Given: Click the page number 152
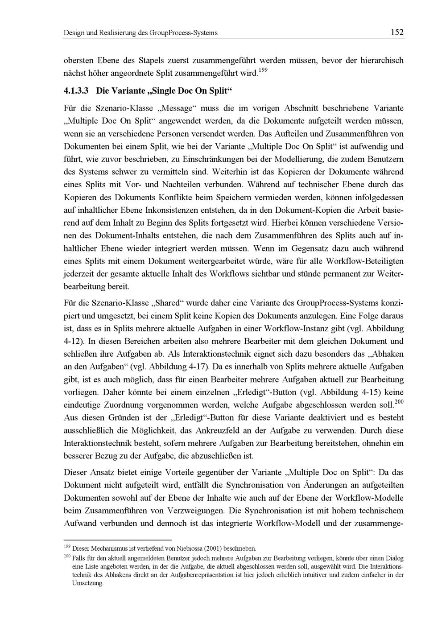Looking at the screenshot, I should click(396, 32).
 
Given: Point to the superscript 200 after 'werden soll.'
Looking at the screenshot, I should click(399, 402).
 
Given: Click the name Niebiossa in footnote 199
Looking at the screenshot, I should click(192, 548).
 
